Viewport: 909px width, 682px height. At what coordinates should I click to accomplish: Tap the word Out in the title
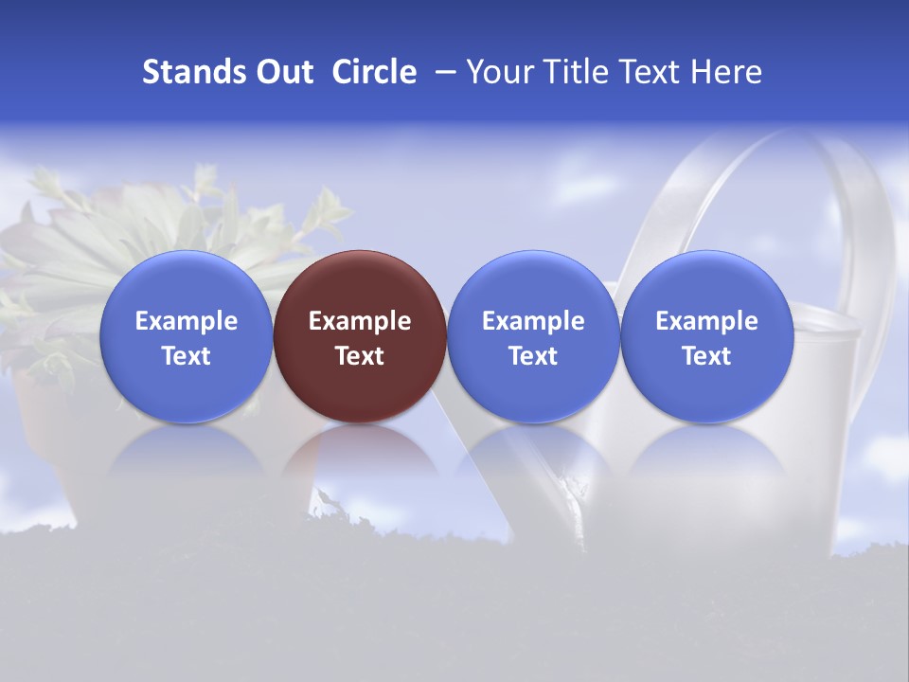pos(282,72)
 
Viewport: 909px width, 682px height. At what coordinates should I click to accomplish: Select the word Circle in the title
pos(374,72)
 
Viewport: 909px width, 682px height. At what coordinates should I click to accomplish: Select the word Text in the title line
pos(650,72)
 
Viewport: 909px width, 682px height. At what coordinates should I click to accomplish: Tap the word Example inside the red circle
pos(360,321)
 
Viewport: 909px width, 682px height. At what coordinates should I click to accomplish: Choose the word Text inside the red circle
pos(360,356)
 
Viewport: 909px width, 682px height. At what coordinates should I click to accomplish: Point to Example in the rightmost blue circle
pos(706,321)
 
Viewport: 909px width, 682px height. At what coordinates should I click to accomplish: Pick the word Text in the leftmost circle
pos(186,356)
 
